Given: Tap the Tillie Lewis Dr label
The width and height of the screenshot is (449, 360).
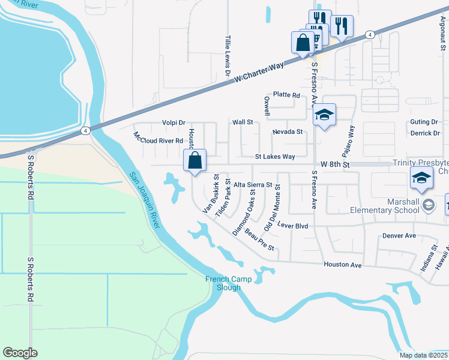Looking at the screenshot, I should tap(228, 55).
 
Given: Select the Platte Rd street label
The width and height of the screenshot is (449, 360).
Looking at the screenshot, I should tap(286, 95).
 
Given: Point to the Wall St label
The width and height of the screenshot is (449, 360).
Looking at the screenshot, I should tap(243, 122).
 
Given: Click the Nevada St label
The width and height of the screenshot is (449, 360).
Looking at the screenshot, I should tap(287, 131).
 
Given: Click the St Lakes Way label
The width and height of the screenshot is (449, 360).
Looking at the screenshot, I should tap(275, 157).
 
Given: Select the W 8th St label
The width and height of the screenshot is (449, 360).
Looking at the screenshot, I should tap(334, 164).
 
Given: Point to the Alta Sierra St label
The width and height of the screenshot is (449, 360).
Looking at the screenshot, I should tap(253, 185).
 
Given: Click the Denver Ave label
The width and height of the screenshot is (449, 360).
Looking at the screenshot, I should tap(399, 236).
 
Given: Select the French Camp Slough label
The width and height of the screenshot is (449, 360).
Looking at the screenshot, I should tap(223, 283).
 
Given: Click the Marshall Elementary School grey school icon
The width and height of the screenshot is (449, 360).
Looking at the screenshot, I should tap(428, 205).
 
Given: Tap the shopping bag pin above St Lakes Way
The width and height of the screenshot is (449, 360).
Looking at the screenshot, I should tap(195, 161).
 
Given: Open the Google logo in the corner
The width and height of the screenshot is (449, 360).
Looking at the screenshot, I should tap(20, 353).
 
